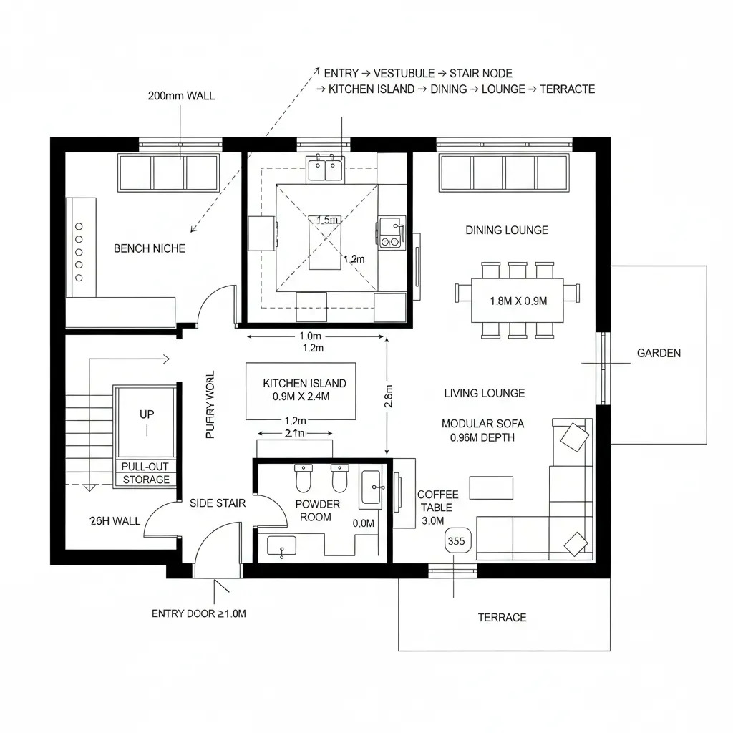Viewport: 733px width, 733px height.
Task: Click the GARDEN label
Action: click(659, 353)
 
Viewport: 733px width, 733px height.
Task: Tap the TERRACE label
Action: click(502, 617)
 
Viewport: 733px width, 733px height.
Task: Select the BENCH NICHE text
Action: click(150, 248)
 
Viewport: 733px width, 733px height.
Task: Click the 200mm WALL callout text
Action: click(181, 95)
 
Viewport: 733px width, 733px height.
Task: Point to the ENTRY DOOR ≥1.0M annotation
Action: click(199, 613)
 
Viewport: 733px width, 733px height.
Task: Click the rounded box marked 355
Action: click(456, 541)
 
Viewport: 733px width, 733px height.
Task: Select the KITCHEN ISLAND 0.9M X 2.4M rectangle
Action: click(304, 391)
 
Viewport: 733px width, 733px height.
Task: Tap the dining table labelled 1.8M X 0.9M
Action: click(518, 301)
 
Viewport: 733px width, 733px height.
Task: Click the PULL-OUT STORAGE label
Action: click(146, 473)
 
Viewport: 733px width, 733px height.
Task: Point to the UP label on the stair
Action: click(147, 414)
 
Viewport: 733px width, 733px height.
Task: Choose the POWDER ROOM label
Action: click(318, 510)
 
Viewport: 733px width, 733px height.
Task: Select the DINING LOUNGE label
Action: click(507, 230)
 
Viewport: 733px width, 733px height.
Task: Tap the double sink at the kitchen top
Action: click(326, 170)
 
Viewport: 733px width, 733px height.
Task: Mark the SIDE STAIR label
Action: click(218, 503)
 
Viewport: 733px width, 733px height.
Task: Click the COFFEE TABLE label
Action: click(434, 501)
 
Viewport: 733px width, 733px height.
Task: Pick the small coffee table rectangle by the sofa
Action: click(491, 487)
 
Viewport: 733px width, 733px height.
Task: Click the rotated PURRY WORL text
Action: click(210, 405)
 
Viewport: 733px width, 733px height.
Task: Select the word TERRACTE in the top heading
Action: click(567, 89)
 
